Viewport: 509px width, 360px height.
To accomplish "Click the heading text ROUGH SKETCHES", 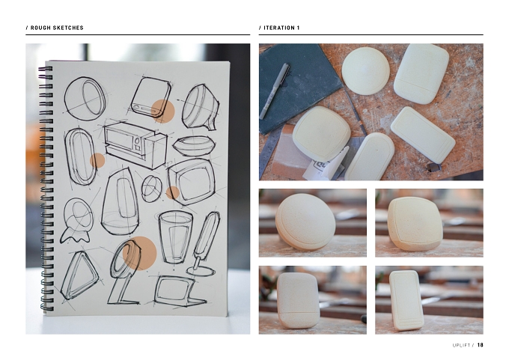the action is (57, 28).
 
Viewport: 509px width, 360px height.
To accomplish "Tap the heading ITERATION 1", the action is (281, 28).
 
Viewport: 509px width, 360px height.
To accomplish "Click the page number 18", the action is (480, 345).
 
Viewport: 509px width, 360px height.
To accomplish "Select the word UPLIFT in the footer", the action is (461, 345).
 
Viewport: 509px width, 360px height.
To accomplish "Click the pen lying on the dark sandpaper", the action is (274, 91).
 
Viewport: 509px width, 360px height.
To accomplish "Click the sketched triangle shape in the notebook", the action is (79, 275).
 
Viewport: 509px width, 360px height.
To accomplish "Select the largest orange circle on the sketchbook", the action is (140, 253).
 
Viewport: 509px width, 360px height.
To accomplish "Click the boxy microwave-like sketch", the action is (135, 144).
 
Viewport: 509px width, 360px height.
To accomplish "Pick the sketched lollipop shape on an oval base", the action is (204, 243).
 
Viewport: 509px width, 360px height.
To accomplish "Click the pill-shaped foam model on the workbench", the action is (370, 156).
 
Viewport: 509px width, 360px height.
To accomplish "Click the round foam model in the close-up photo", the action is (305, 222).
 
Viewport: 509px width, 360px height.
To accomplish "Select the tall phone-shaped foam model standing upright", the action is (406, 300).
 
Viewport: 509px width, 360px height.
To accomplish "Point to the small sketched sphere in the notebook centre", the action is (152, 189).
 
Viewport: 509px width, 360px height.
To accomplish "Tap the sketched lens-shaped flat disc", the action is (194, 145).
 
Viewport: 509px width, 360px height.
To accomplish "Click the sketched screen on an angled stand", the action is (179, 290).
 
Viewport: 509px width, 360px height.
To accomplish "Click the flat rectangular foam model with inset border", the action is (423, 135).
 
